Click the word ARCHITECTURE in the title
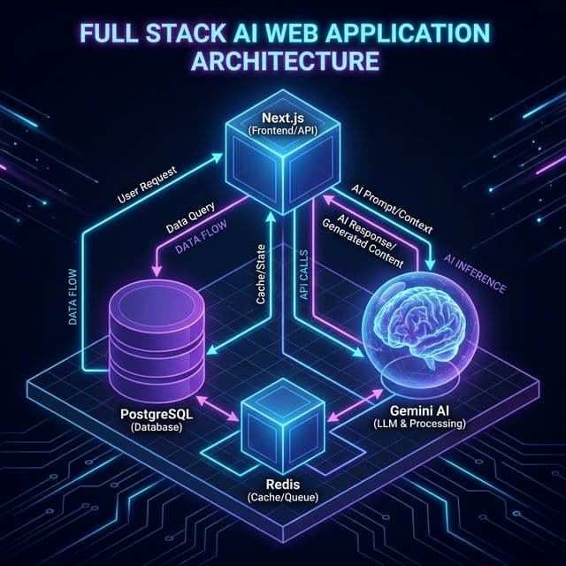282,64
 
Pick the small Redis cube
283,424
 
